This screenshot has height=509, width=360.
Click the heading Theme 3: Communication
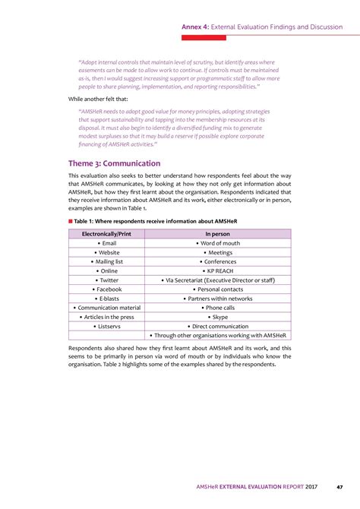point(114,163)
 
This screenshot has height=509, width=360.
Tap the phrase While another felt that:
point(99,98)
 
